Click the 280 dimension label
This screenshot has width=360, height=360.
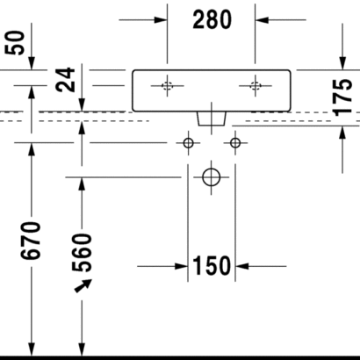[x=212, y=19]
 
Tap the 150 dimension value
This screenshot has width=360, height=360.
[x=212, y=266]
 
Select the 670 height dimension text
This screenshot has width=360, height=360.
[x=30, y=241]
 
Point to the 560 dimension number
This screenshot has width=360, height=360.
[x=82, y=253]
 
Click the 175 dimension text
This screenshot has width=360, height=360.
[x=342, y=97]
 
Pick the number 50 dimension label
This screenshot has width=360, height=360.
[x=15, y=43]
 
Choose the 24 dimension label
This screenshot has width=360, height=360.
[x=65, y=80]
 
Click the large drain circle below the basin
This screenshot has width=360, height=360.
[x=212, y=177]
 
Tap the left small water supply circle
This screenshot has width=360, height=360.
[x=188, y=143]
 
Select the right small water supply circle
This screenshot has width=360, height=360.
[x=235, y=143]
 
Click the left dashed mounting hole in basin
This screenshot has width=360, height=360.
[x=167, y=86]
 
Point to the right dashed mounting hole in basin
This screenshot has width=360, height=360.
[x=256, y=86]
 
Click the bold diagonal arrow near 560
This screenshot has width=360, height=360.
[x=83, y=285]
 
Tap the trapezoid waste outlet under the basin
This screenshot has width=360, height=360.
[x=212, y=119]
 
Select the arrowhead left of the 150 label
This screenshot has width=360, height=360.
[x=181, y=266]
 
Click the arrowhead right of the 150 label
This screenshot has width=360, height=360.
[x=242, y=266]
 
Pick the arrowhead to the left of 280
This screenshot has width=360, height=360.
[x=161, y=20]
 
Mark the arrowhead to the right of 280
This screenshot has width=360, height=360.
[x=262, y=20]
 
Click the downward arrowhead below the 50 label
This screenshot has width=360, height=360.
[x=32, y=63]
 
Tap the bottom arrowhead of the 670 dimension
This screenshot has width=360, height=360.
[x=32, y=349]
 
